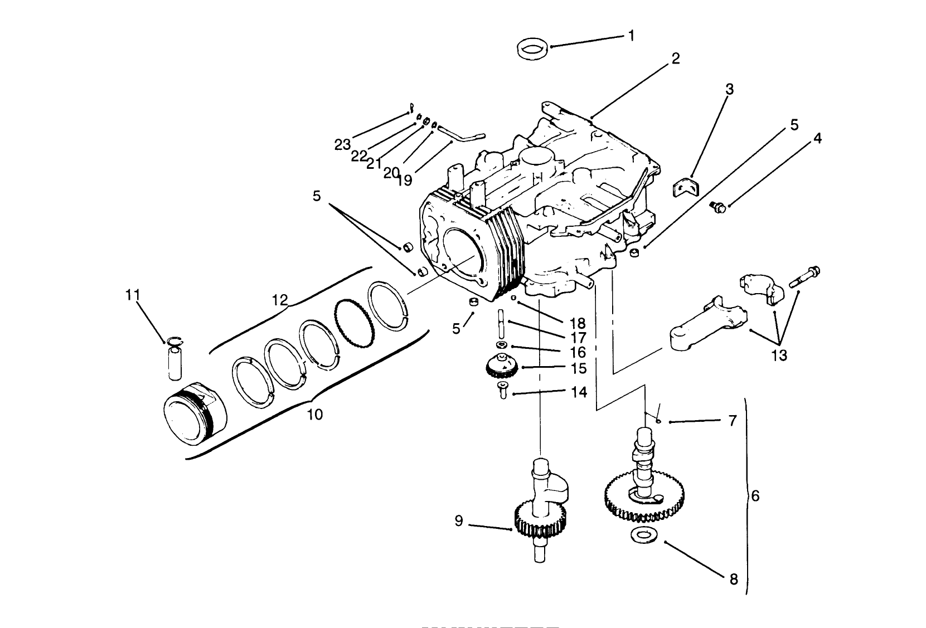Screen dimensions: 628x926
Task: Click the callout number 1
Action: click(631, 36)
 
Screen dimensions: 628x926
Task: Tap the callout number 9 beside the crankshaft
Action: click(459, 522)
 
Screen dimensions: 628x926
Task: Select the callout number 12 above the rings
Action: click(280, 300)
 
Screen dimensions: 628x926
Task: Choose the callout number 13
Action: click(779, 355)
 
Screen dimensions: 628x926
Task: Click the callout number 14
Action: click(579, 392)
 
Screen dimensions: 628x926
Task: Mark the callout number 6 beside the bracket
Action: click(755, 495)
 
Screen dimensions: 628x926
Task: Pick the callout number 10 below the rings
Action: click(314, 415)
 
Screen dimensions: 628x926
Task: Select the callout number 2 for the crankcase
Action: click(676, 59)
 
